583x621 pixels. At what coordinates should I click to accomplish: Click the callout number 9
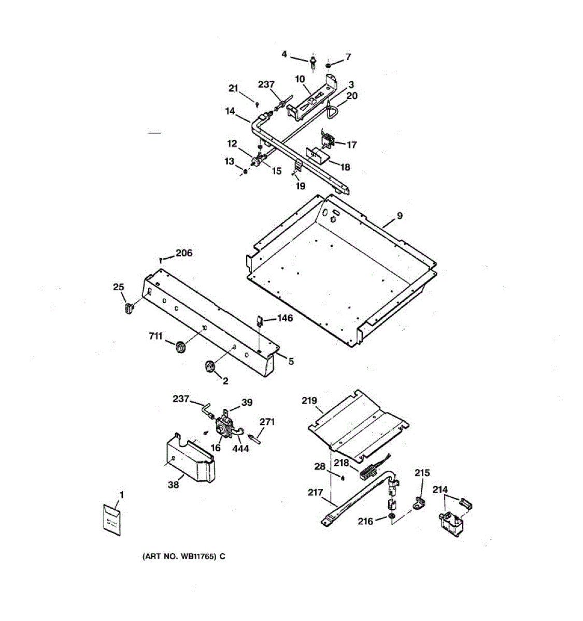pyautogui.click(x=400, y=216)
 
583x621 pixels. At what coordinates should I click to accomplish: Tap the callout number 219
pyautogui.click(x=309, y=400)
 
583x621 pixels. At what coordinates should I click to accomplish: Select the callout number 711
pyautogui.click(x=155, y=337)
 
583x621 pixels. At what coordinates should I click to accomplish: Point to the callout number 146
pyautogui.click(x=285, y=318)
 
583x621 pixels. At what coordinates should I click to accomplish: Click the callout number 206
pyautogui.click(x=183, y=253)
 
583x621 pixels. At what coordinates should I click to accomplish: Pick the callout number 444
pyautogui.click(x=240, y=448)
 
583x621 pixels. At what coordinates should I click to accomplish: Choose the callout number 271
pyautogui.click(x=267, y=422)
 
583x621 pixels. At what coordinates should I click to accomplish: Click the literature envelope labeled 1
pyautogui.click(x=111, y=519)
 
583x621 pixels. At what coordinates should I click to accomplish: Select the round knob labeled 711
pyautogui.click(x=180, y=348)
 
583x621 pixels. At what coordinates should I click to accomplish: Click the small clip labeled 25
pyautogui.click(x=129, y=309)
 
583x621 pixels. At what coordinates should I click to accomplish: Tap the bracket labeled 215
pyautogui.click(x=419, y=501)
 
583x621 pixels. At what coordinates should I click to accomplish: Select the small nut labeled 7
pyautogui.click(x=330, y=66)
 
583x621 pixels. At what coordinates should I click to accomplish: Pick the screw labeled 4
pyautogui.click(x=314, y=63)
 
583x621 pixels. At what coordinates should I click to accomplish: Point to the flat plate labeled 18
pyautogui.click(x=318, y=155)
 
